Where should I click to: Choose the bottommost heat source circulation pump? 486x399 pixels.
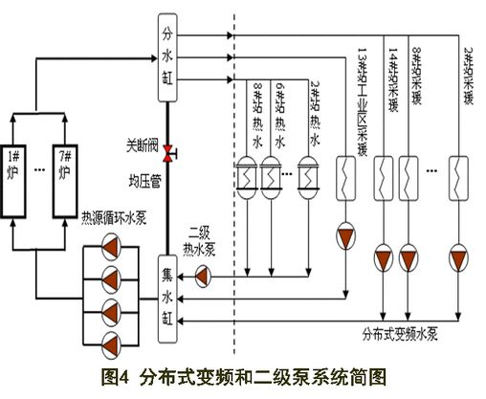pos(111,341)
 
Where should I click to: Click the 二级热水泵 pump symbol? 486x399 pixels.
pos(202,276)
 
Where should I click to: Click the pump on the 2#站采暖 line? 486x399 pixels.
pos(460,257)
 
